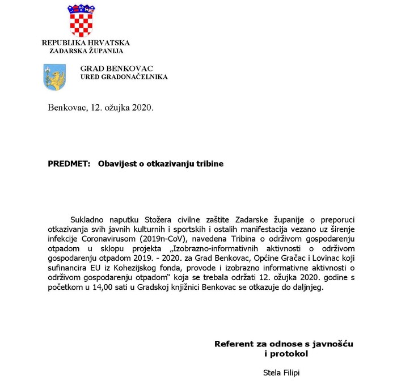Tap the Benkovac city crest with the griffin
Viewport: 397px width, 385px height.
coord(54,77)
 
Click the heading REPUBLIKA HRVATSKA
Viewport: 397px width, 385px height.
coord(86,43)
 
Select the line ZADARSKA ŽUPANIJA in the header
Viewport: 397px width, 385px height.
coord(86,51)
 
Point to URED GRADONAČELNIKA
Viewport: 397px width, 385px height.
coord(124,77)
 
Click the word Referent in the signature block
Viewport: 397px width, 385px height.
coord(233,344)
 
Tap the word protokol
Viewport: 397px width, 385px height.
coord(289,354)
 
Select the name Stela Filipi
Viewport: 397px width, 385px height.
coord(281,373)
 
